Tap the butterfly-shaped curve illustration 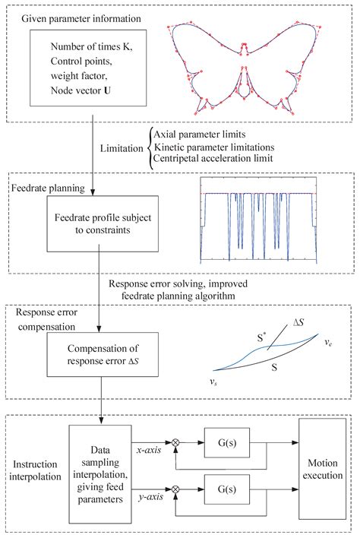click(250, 65)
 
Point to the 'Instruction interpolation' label click(36, 465)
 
